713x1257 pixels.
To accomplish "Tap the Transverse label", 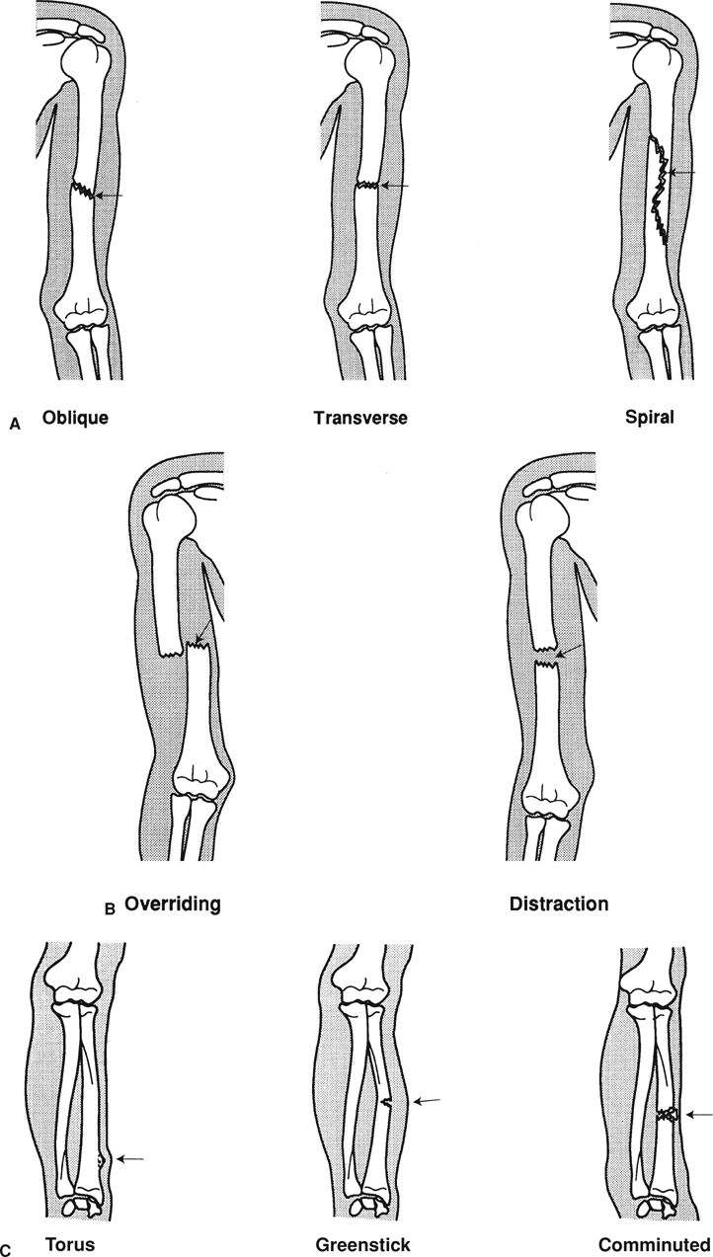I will coord(359,418).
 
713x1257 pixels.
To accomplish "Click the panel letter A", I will coord(13,423).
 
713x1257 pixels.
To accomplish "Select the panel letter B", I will coord(111,908).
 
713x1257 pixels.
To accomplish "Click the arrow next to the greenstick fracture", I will coord(430,1101).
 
